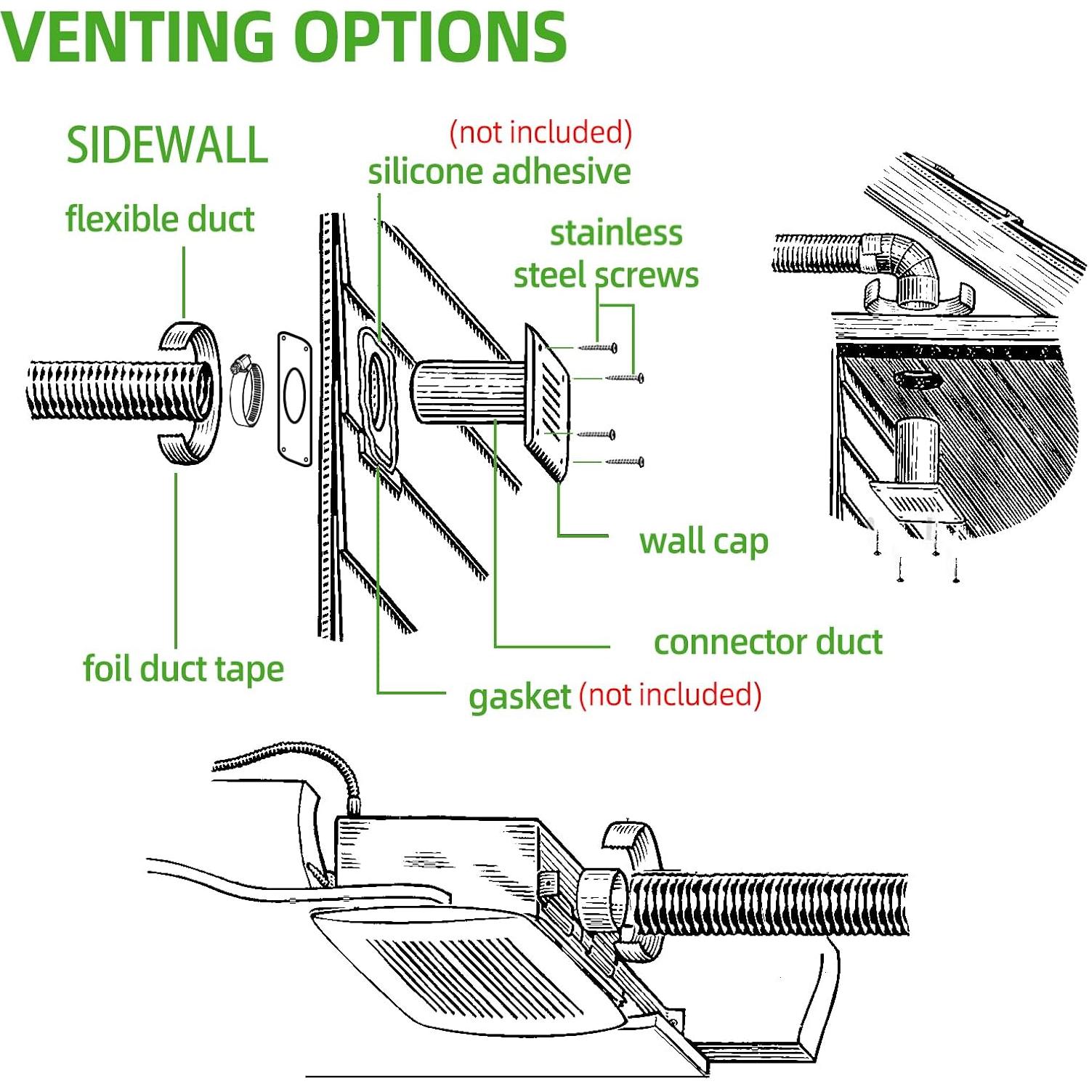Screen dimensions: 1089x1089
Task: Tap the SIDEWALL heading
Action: [167, 145]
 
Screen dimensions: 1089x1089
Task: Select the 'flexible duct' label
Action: [160, 219]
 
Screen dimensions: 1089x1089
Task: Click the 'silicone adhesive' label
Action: [499, 172]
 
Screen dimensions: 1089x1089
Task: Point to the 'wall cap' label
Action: [703, 541]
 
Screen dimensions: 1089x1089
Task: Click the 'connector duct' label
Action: [768, 642]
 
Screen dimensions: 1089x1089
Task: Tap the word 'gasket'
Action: [519, 696]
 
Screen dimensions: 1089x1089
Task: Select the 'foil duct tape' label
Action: [183, 669]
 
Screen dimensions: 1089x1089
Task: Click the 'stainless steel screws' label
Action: [607, 254]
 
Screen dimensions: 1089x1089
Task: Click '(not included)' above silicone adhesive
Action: [541, 132]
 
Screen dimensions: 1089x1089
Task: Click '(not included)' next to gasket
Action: [670, 695]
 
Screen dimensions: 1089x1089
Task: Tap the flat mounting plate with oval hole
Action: [294, 398]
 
